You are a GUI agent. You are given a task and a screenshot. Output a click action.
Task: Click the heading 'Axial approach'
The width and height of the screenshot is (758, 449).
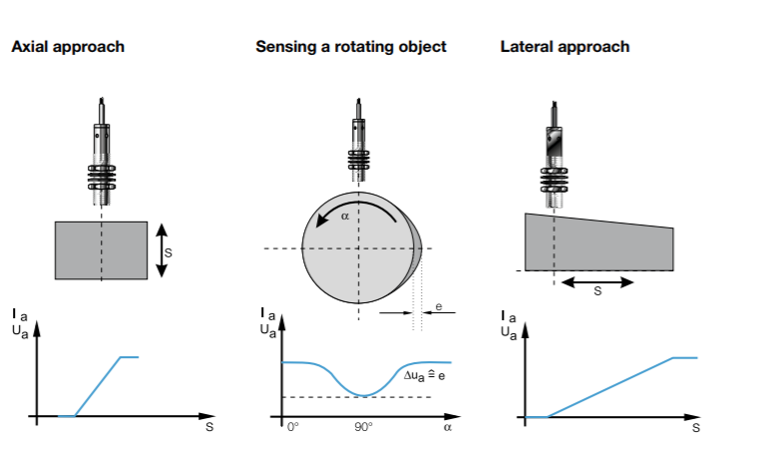tap(67, 47)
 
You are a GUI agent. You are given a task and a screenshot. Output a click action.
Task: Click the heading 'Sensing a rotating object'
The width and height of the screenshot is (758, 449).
tap(350, 47)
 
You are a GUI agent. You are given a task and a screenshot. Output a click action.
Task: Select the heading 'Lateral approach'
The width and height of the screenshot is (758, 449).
tap(565, 47)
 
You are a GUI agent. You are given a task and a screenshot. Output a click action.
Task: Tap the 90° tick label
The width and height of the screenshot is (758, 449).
tap(362, 426)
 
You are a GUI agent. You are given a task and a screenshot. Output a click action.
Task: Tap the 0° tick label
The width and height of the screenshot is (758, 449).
tap(292, 426)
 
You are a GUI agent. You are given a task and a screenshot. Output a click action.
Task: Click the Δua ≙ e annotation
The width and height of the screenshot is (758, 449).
tap(424, 377)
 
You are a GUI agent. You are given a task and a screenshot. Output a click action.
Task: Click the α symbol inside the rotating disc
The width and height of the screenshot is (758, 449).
tap(345, 214)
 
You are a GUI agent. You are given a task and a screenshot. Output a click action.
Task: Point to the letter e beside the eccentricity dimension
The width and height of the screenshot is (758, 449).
tap(439, 306)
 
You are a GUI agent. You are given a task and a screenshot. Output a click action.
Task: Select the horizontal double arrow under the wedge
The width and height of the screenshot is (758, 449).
tap(596, 282)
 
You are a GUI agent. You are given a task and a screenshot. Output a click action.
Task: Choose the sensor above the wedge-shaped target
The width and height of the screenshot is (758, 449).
tap(554, 150)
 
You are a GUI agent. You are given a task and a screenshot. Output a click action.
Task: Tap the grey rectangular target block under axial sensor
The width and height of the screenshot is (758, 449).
tap(101, 250)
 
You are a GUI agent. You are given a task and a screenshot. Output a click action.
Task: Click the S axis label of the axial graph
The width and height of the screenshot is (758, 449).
tap(208, 427)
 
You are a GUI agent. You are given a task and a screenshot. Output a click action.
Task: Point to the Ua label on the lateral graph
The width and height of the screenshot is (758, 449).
tap(509, 333)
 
